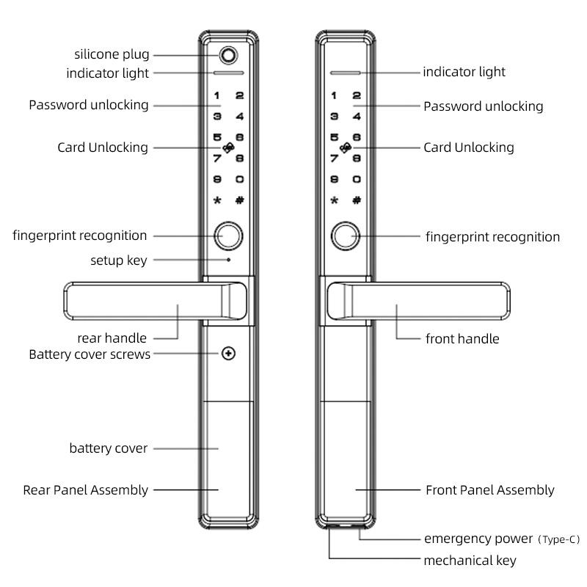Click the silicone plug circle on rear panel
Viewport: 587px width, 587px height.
point(229,56)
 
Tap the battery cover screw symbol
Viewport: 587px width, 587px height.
point(229,354)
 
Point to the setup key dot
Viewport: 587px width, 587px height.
point(229,259)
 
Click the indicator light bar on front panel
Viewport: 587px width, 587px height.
point(344,73)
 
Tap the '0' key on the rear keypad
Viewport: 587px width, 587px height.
point(239,179)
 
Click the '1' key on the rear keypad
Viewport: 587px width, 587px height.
point(217,95)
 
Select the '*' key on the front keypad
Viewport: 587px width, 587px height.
point(335,200)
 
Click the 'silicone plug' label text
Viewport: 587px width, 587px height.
point(112,54)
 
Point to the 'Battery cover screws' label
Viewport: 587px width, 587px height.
point(90,354)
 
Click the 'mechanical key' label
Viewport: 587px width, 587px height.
point(470,561)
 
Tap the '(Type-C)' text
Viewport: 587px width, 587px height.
point(558,539)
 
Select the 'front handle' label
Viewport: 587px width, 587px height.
point(462,339)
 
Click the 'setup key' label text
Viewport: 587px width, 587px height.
point(119,260)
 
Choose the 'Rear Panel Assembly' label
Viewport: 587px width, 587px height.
point(85,489)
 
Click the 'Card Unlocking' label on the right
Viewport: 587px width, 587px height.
point(469,147)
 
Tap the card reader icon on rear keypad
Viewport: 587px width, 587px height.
point(229,147)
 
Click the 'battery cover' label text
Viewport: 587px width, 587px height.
point(109,448)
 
